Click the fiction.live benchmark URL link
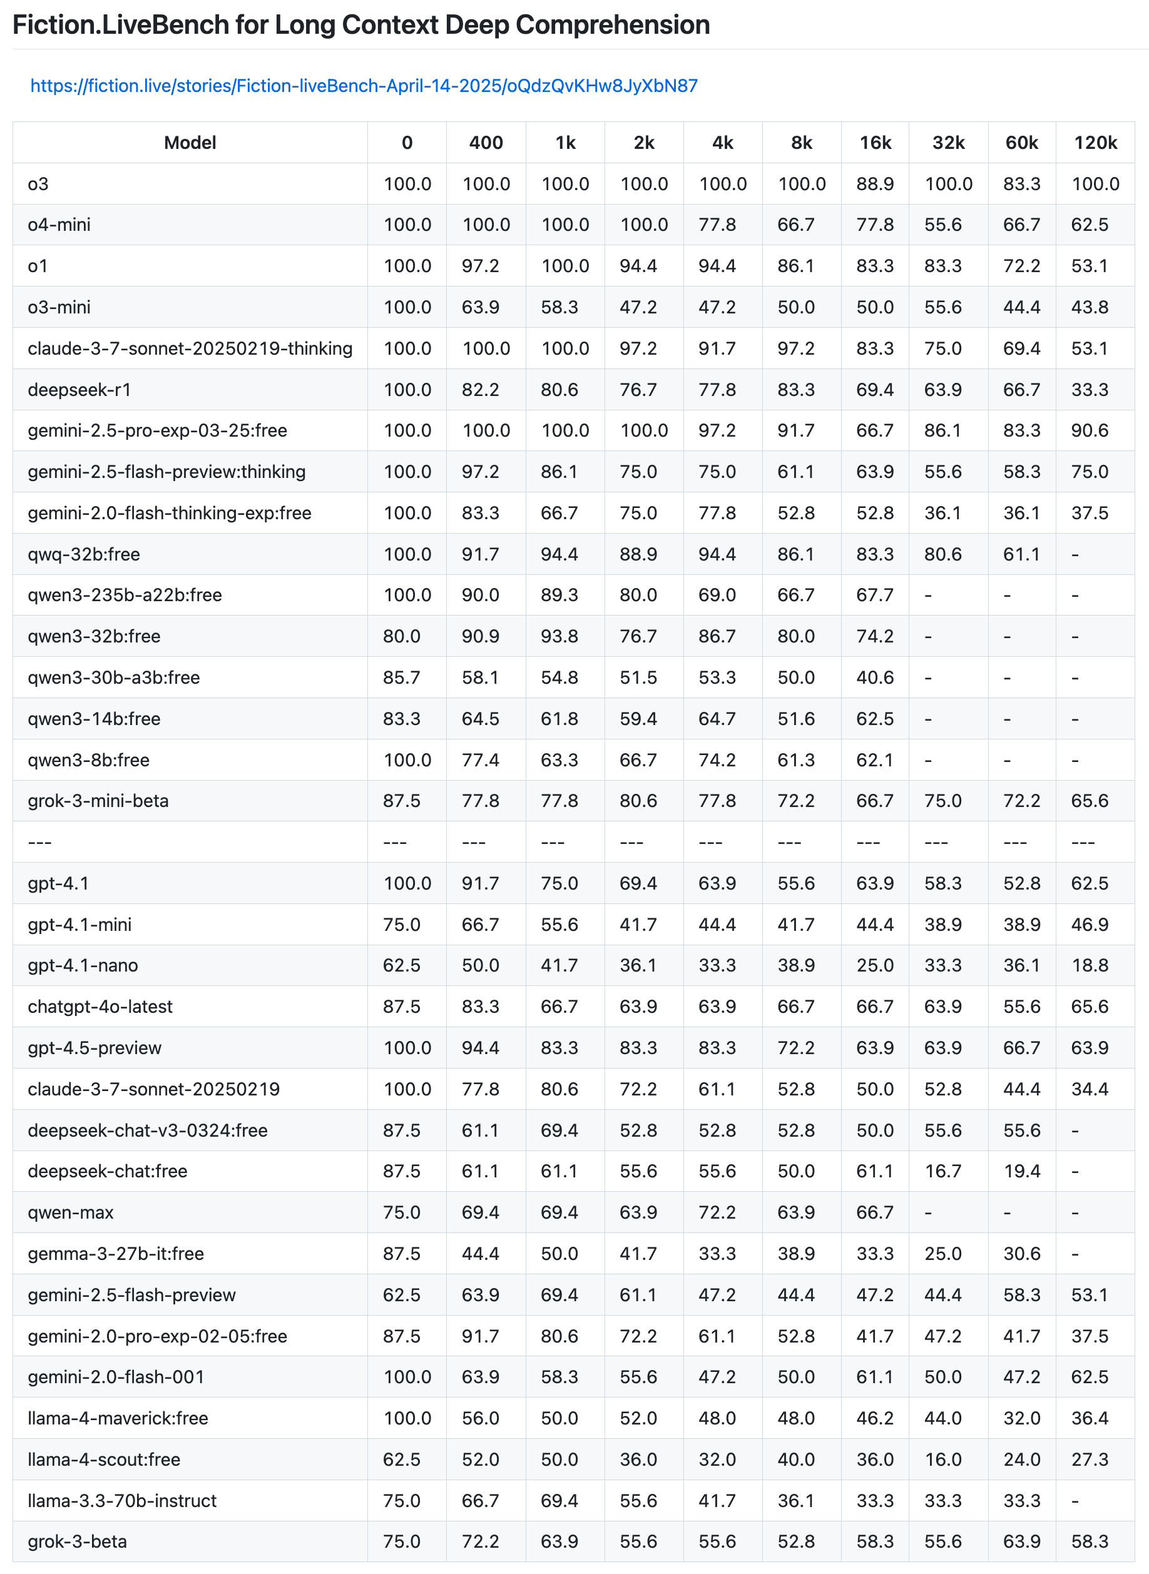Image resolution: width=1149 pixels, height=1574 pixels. (x=364, y=86)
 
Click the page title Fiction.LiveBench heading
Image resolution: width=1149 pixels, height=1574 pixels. (x=361, y=25)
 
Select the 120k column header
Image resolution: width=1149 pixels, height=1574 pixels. (x=1095, y=143)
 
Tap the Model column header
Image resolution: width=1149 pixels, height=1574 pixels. (x=190, y=143)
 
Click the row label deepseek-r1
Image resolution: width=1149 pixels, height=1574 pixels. (x=79, y=389)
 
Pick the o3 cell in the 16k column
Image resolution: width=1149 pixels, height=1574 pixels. (x=874, y=183)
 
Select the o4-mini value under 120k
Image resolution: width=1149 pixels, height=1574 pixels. (x=1089, y=225)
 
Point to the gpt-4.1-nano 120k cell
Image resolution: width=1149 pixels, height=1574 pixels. (x=1089, y=965)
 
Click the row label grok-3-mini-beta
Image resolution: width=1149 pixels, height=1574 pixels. (x=98, y=800)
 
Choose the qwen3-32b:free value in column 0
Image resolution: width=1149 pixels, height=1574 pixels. (x=401, y=636)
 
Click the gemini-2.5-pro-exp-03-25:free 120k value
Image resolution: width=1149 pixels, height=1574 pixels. (x=1089, y=430)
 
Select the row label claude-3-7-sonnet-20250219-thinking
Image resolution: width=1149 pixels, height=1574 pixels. (x=190, y=348)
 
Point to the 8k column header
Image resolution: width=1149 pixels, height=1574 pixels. (x=801, y=143)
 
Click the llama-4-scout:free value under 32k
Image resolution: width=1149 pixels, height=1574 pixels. (x=942, y=1460)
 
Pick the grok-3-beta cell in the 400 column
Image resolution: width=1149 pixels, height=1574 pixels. (x=480, y=1541)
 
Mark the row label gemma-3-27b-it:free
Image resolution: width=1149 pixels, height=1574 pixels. (x=115, y=1254)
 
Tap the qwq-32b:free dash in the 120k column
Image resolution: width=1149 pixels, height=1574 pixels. (x=1075, y=554)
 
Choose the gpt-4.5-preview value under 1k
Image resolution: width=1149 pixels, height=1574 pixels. (x=559, y=1048)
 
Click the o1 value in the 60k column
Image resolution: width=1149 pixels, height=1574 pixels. (x=1021, y=266)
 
